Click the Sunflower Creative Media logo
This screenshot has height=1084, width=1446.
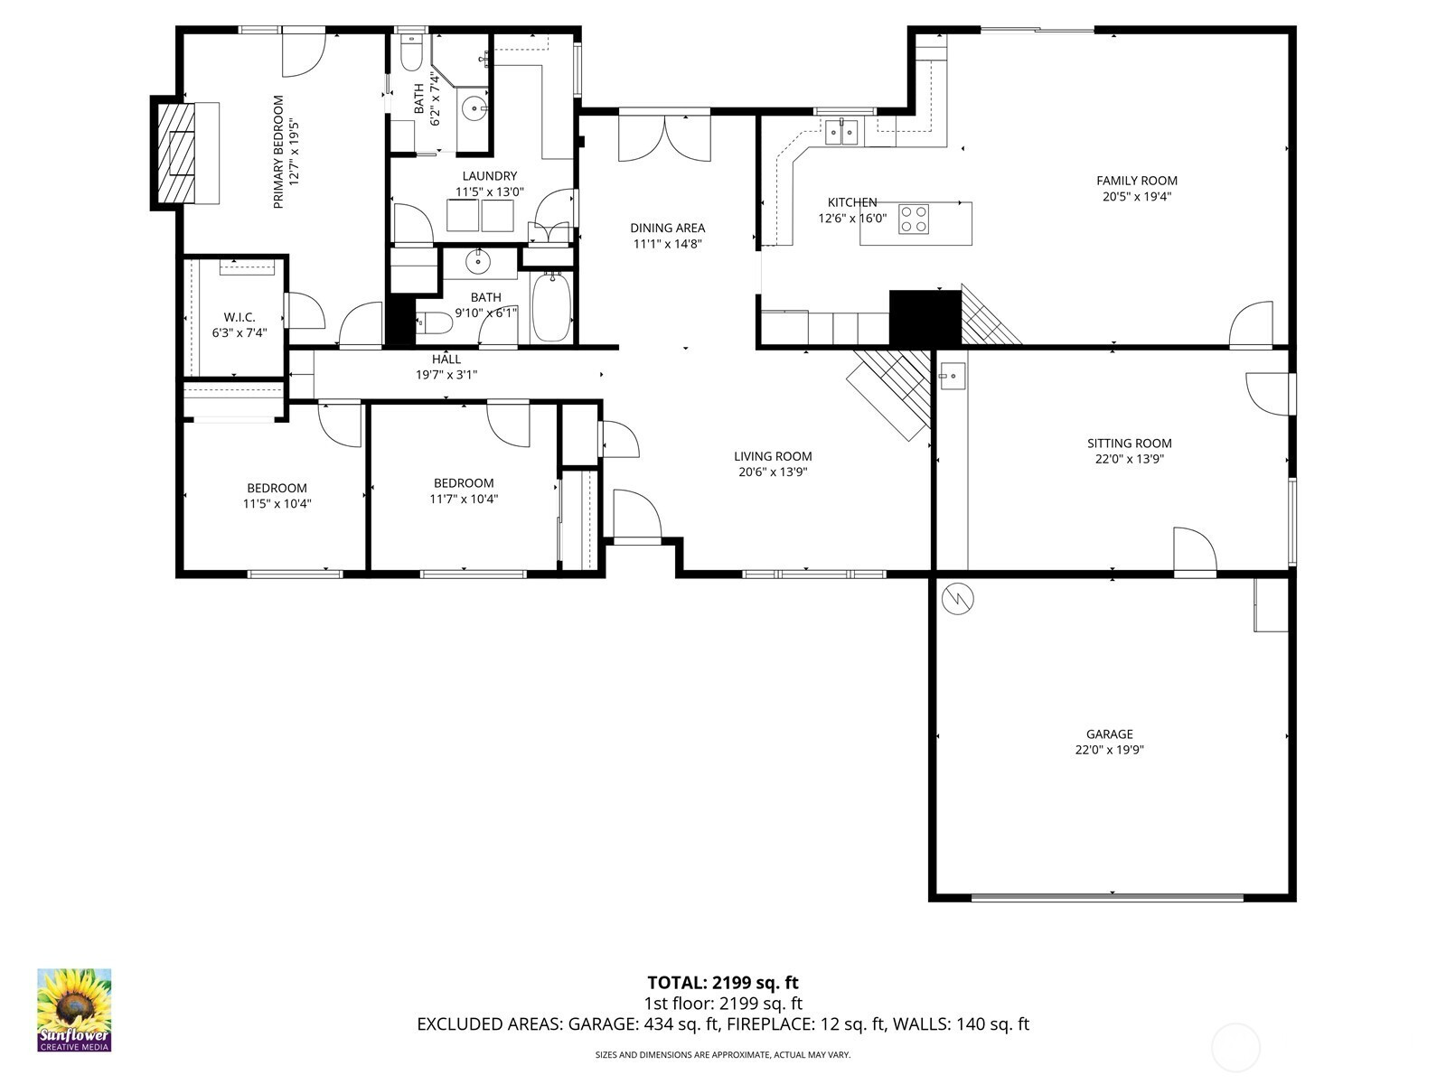[74, 1009]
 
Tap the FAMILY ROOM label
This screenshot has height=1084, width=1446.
[1136, 181]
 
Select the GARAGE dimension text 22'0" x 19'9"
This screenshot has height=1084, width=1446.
[1110, 750]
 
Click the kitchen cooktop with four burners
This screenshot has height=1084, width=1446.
[914, 220]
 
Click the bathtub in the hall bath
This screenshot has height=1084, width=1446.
[550, 307]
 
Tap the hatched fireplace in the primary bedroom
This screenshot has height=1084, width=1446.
[176, 153]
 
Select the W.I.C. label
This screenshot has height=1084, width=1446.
[239, 317]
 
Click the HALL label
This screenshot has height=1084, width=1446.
[446, 360]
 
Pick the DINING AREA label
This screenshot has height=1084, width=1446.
[667, 228]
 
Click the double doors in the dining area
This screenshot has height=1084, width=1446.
[664, 137]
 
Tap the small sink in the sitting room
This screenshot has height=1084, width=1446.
[952, 376]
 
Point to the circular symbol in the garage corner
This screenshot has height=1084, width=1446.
[957, 599]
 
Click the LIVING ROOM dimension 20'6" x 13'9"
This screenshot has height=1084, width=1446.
[773, 472]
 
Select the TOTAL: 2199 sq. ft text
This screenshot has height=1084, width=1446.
[723, 983]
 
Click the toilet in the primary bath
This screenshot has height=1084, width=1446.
[412, 51]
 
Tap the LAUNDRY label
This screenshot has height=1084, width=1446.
[490, 176]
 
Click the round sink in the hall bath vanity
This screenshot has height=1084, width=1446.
[477, 262]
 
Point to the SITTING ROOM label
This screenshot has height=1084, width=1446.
[1129, 444]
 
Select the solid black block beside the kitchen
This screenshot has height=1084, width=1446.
[925, 318]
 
